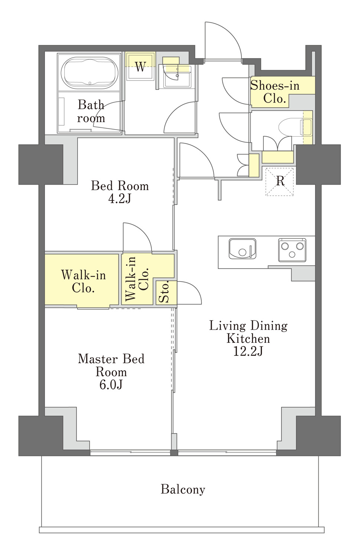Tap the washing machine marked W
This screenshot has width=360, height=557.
point(140,66)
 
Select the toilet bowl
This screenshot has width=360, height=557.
point(295,127)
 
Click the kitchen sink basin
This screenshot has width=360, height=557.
point(242,249)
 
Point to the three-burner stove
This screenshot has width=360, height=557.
point(292,250)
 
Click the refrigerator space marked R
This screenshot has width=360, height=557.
point(280,182)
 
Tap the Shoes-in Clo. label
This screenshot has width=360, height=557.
point(275,92)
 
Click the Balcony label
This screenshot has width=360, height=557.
point(183,489)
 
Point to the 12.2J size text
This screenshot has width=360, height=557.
point(248,351)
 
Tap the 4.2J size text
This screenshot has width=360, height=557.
point(120,198)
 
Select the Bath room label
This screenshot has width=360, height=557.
point(91,111)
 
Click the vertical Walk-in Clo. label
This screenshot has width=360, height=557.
point(136,278)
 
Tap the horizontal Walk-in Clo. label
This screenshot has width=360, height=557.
point(84,281)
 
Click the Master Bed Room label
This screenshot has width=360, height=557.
point(111,365)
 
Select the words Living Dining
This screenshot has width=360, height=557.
point(248,325)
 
